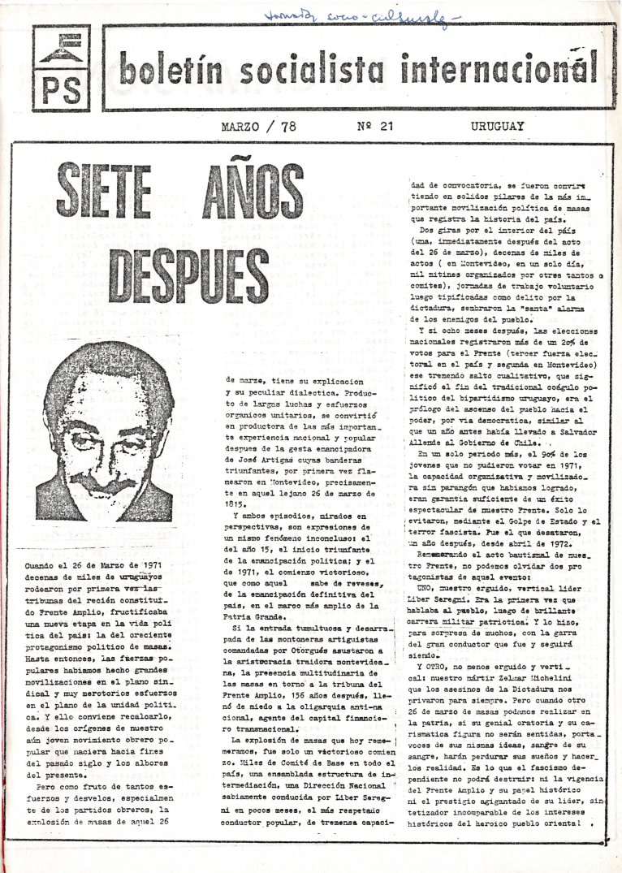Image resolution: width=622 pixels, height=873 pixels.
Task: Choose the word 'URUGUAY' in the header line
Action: coord(498,126)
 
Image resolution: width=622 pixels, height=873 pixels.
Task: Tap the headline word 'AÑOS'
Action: coord(263,196)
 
